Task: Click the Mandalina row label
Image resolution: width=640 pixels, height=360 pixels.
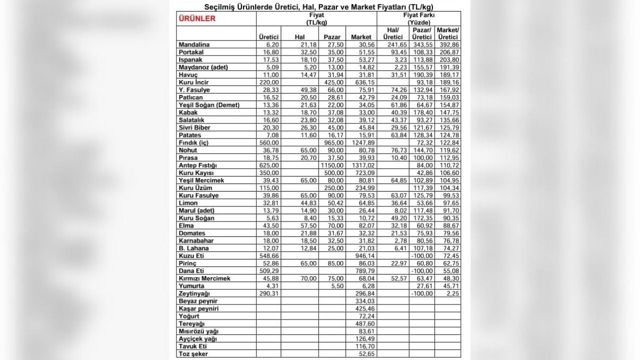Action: coord(194,45)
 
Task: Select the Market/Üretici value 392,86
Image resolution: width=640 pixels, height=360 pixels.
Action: coord(447,45)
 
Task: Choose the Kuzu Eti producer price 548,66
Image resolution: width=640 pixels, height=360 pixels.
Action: coord(268,256)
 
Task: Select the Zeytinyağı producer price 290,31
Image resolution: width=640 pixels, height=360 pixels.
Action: coord(268,293)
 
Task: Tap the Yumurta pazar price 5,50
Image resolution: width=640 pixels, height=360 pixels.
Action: coord(334,286)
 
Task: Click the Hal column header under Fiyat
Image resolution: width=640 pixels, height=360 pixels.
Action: coord(299,37)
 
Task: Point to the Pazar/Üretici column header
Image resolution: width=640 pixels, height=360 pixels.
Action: coord(422,33)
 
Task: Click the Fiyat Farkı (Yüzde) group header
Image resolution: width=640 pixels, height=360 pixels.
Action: coord(419,19)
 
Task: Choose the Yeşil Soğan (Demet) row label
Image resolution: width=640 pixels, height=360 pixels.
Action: coord(209,105)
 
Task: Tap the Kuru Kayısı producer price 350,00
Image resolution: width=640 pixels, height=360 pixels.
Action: coord(268,173)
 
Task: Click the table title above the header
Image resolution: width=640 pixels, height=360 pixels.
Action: coord(319,7)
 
